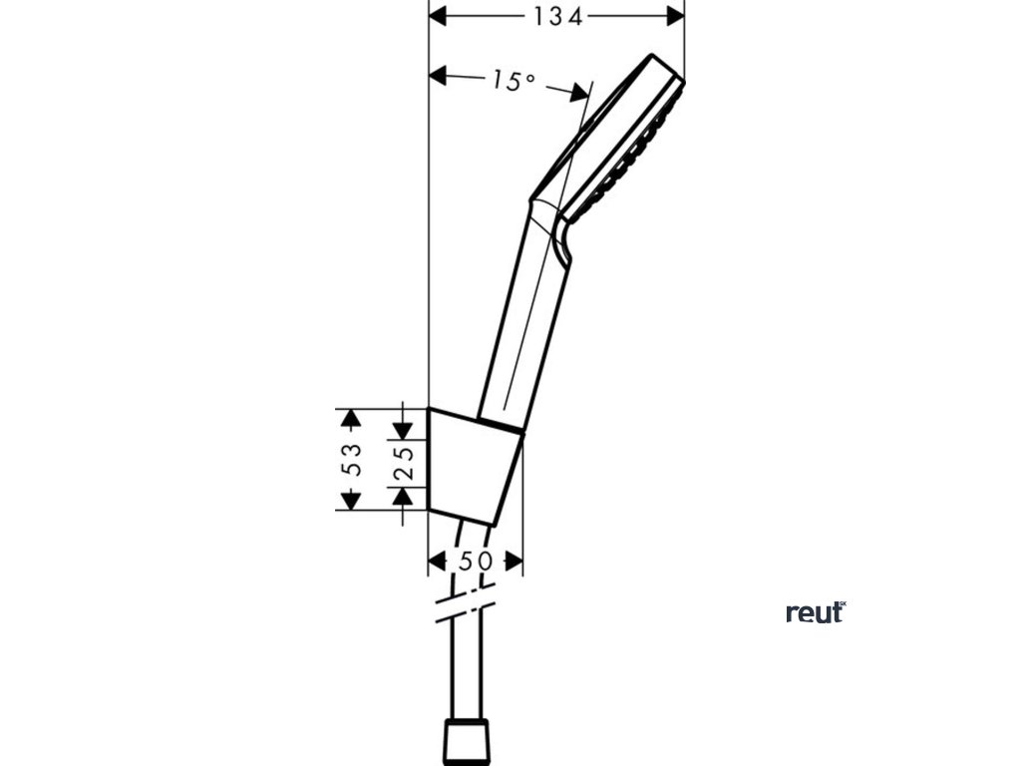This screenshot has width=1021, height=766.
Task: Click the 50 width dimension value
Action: [x=475, y=562]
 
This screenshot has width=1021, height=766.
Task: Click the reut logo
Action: [x=815, y=612]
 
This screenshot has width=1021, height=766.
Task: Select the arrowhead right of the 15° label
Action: [x=580, y=93]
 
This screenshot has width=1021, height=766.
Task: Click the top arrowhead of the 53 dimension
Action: [x=346, y=416]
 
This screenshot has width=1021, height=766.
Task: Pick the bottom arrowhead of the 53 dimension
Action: [x=346, y=502]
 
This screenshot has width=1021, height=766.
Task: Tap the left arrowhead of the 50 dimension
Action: [x=437, y=562]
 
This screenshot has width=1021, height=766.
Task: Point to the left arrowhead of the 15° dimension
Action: [x=438, y=75]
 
